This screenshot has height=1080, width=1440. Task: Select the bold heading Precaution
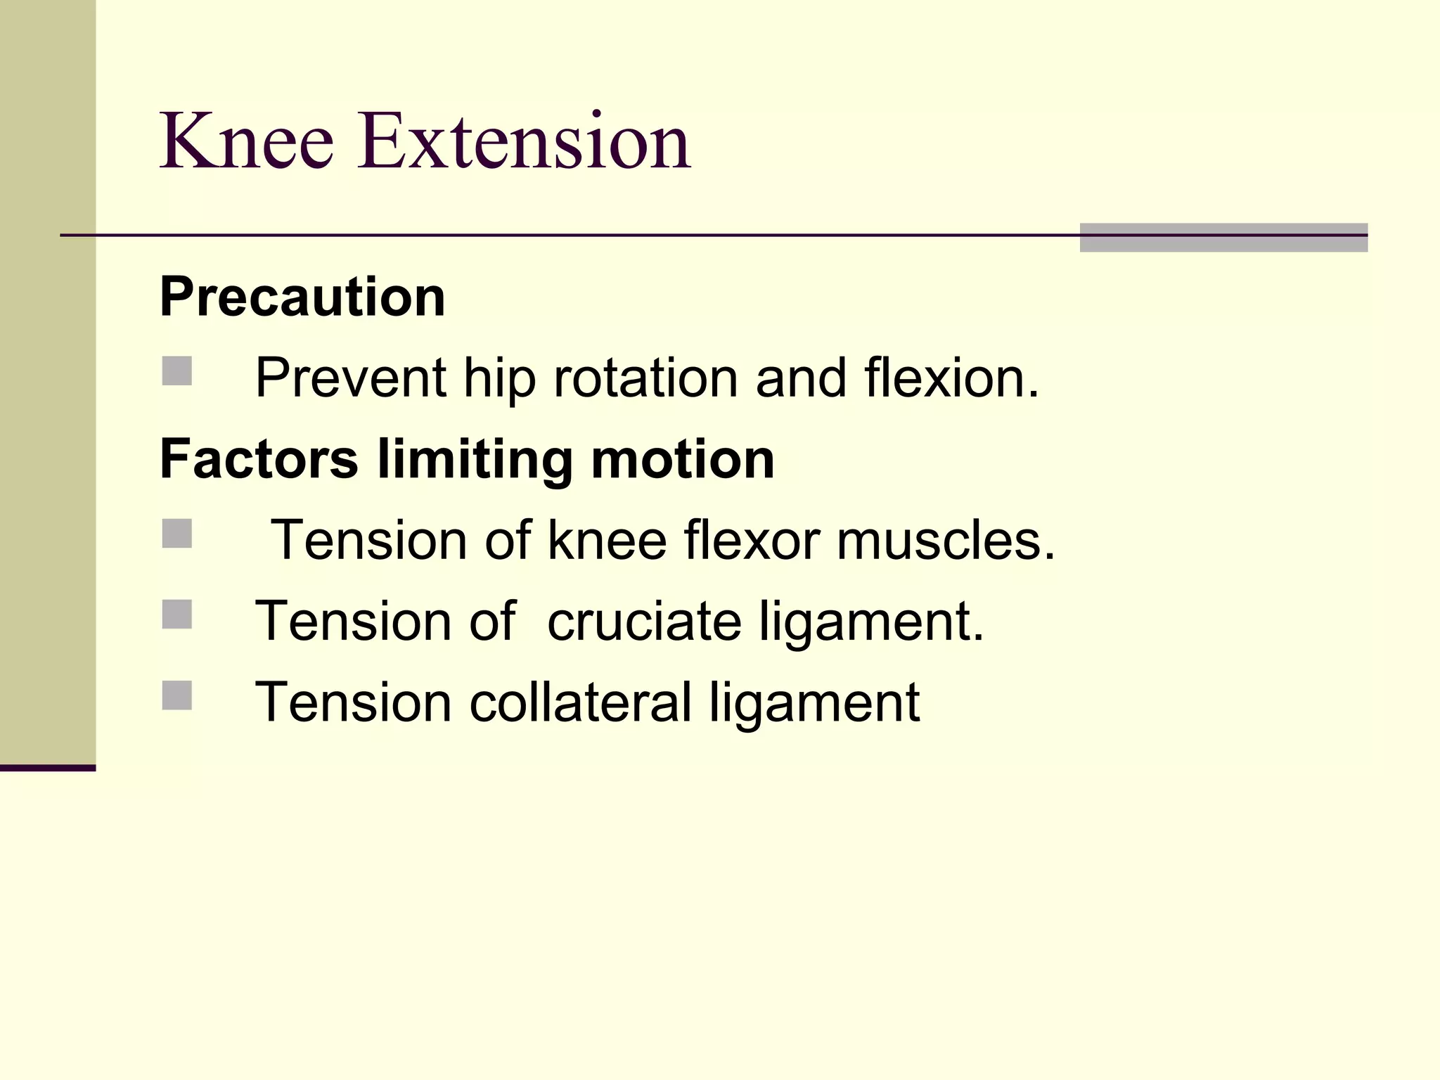(302, 297)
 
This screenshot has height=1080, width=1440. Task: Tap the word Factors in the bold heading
(259, 459)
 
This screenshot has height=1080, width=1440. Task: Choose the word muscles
(946, 540)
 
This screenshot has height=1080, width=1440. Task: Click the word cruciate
(644, 622)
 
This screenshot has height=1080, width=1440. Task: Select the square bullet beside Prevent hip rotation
(177, 371)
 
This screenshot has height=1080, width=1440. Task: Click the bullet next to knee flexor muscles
(177, 534)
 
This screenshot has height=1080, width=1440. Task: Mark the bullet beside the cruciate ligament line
(177, 615)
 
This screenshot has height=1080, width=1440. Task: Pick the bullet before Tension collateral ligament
(177, 695)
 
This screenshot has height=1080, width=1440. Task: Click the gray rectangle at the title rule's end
(1223, 238)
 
